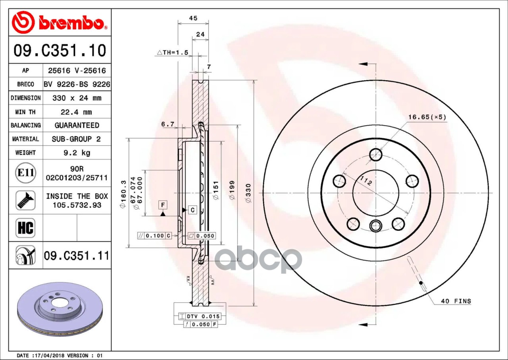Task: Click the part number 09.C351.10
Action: click(x=60, y=50)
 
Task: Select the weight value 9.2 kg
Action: click(x=77, y=153)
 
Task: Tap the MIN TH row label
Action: click(x=25, y=112)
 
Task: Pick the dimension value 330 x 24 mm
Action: click(x=77, y=98)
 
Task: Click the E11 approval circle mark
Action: click(x=26, y=173)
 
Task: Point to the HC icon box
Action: click(x=25, y=228)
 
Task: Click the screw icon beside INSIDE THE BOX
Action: click(x=25, y=200)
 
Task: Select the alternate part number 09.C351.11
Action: click(x=77, y=255)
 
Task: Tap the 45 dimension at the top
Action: click(x=193, y=18)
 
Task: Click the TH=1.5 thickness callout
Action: click(x=173, y=52)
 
